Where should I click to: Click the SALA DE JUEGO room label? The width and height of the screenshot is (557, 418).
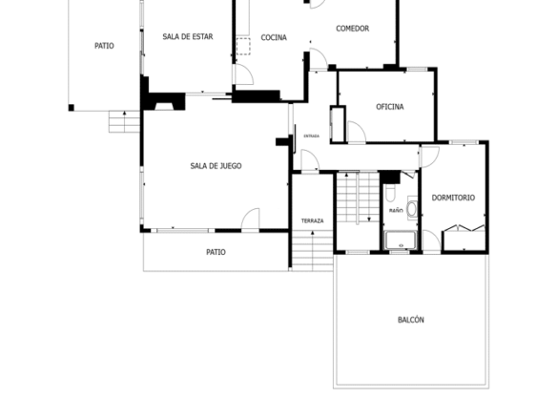click(x=216, y=166)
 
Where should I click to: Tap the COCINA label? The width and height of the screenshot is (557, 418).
click(x=274, y=37)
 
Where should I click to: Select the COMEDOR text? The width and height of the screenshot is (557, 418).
click(x=352, y=29)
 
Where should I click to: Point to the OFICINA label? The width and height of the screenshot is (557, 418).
click(x=390, y=107)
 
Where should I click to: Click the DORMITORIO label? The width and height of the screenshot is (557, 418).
click(x=453, y=198)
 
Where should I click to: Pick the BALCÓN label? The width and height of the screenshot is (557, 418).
click(x=411, y=320)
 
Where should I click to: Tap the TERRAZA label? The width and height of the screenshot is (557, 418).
click(x=312, y=220)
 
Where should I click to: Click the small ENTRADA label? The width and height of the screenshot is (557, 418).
click(x=312, y=136)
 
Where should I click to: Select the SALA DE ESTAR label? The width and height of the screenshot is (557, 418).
click(x=188, y=36)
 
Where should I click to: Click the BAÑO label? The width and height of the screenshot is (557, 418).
click(x=396, y=210)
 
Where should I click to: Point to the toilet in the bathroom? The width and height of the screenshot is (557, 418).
click(x=390, y=192)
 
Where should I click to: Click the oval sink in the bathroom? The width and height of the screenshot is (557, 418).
click(x=412, y=209)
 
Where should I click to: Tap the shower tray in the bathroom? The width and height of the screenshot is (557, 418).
click(x=401, y=240)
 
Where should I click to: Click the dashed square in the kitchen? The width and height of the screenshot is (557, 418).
click(x=243, y=46)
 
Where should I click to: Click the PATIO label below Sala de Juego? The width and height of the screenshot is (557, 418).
click(x=216, y=252)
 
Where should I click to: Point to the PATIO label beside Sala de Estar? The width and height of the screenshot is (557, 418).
click(x=104, y=46)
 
